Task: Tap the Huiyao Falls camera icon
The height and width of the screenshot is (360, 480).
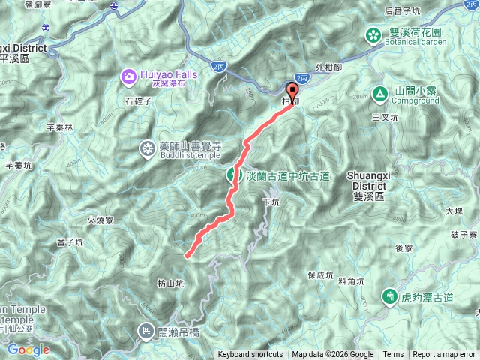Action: click(128, 75)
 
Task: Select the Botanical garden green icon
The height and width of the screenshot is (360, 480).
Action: click(373, 34)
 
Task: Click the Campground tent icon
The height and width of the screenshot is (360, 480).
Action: click(379, 94)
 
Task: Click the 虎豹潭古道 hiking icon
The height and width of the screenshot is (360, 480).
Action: click(389, 296)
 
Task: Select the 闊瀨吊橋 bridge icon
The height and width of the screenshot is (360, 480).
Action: click(145, 330)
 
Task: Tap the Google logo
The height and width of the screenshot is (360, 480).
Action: click(28, 349)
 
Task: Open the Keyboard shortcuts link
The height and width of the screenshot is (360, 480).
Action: click(250, 355)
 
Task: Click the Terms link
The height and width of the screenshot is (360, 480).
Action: click(393, 355)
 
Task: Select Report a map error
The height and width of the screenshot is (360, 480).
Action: click(445, 355)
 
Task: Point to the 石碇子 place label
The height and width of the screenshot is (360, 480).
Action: click(139, 98)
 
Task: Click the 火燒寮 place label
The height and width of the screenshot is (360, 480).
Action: click(99, 220)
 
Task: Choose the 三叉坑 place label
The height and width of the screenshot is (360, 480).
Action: click(385, 118)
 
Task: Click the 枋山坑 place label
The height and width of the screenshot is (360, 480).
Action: click(170, 283)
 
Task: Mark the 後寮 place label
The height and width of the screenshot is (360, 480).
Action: click(404, 248)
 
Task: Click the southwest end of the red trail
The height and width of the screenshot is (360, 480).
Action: click(185, 256)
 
